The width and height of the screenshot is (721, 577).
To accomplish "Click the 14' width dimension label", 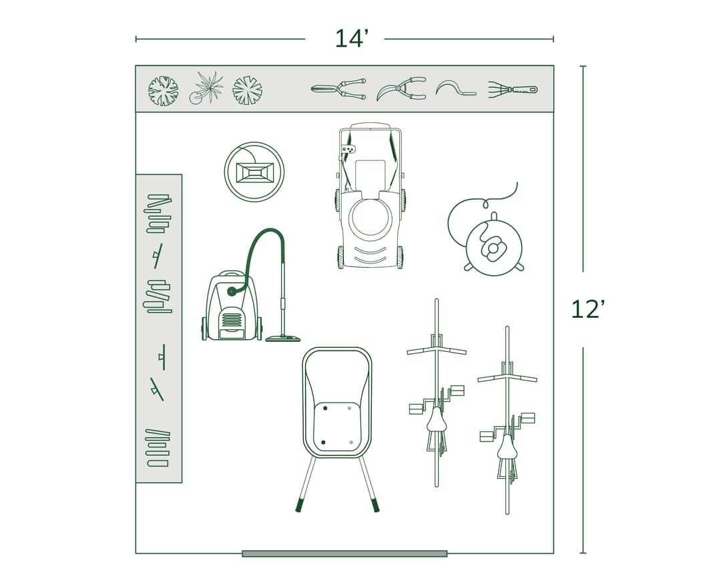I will tap(351, 39).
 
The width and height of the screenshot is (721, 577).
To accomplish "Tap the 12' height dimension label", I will tap(587, 310).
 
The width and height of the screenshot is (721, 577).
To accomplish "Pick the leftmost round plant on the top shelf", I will tap(164, 90).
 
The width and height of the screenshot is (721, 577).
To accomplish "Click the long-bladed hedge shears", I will tap(338, 89).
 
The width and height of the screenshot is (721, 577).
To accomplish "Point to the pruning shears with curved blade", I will tap(401, 88).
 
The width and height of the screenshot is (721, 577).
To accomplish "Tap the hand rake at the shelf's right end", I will tap(512, 89).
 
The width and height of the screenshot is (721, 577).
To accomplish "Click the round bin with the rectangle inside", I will tap(254, 172).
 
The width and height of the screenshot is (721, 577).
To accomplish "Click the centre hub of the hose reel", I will tap(494, 248).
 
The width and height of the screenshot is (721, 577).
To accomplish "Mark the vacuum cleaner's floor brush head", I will tap(282, 339).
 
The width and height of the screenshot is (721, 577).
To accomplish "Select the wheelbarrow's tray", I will tap(336, 401).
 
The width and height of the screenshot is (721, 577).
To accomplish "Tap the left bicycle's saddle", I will tap(437, 419).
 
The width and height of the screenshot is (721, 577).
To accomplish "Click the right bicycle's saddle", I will tap(507, 447).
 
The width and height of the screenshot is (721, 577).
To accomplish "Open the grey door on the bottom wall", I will tap(344, 553).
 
